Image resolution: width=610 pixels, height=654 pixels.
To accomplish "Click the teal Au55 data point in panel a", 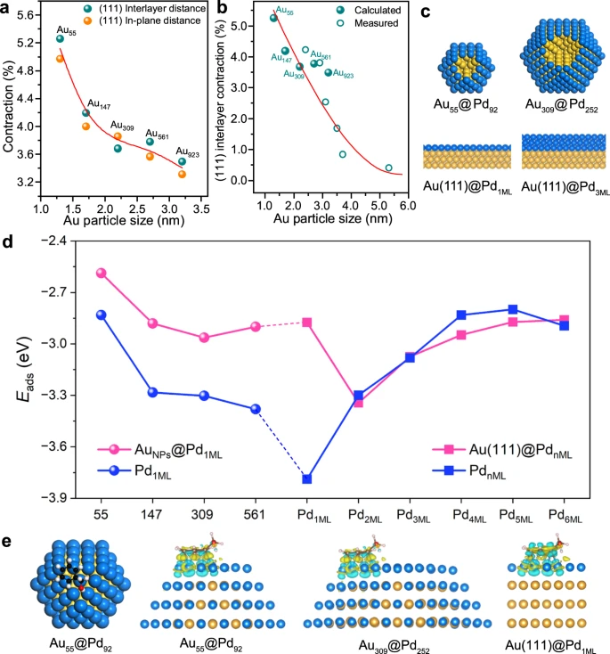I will click(60, 38).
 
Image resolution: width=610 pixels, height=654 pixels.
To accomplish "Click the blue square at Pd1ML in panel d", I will click(307, 479).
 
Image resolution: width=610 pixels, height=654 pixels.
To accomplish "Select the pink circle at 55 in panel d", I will click(102, 273).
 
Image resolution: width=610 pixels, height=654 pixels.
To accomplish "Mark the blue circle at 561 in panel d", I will click(256, 409).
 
